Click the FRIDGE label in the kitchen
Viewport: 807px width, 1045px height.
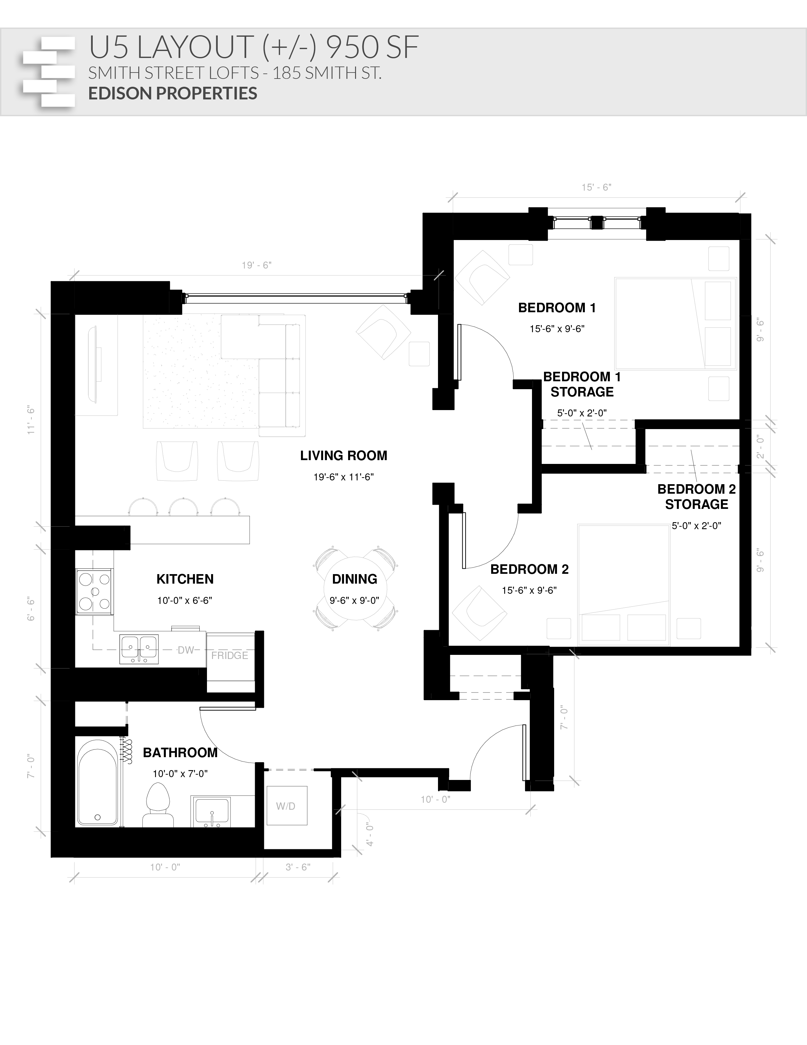click(229, 655)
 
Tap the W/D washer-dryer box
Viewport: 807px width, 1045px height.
click(286, 806)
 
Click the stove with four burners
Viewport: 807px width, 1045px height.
click(94, 592)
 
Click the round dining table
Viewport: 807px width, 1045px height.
click(355, 589)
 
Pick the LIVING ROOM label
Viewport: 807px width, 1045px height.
click(343, 455)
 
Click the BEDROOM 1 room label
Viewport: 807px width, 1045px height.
click(557, 308)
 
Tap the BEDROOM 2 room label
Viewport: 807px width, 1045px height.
click(529, 569)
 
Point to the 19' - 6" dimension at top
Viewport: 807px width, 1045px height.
click(257, 265)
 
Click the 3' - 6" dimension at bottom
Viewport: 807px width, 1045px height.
click(298, 867)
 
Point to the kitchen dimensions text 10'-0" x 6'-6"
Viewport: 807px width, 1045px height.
click(185, 600)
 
